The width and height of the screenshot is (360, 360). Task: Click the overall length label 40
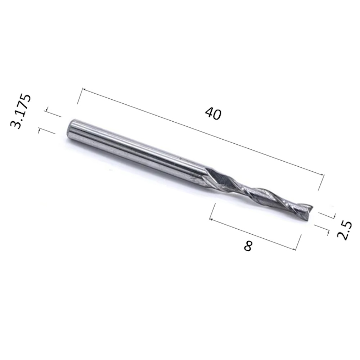pyautogui.click(x=213, y=114)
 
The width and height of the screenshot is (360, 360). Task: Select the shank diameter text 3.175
pyautogui.click(x=21, y=111)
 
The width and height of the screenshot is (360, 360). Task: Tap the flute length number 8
pyautogui.click(x=248, y=246)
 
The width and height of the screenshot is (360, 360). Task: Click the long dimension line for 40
pyautogui.click(x=203, y=132)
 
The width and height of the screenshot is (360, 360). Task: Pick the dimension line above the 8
pyautogui.click(x=252, y=234)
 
